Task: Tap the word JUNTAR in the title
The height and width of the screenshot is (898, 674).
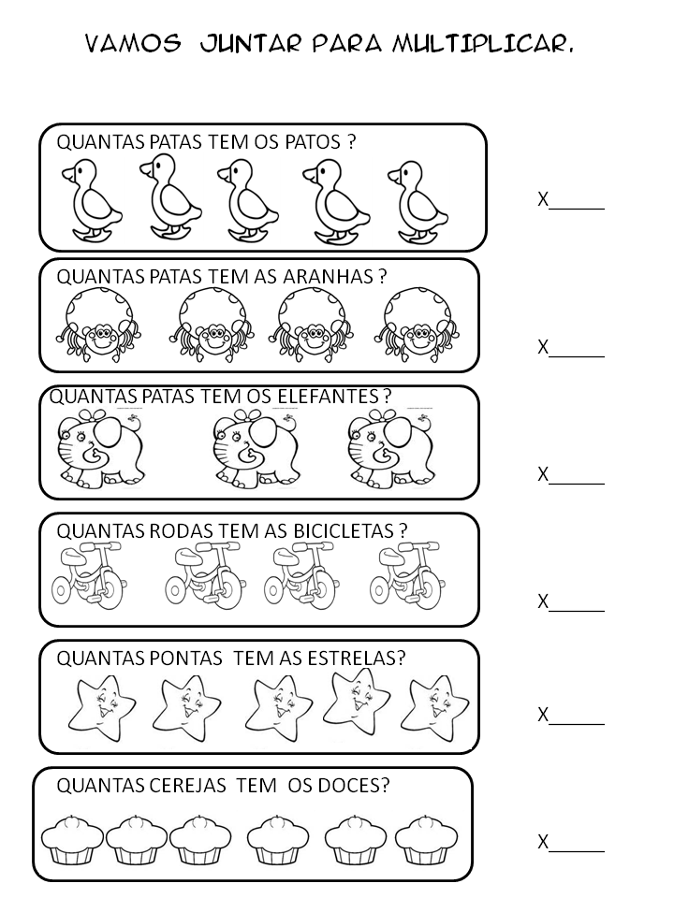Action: tap(245, 43)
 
